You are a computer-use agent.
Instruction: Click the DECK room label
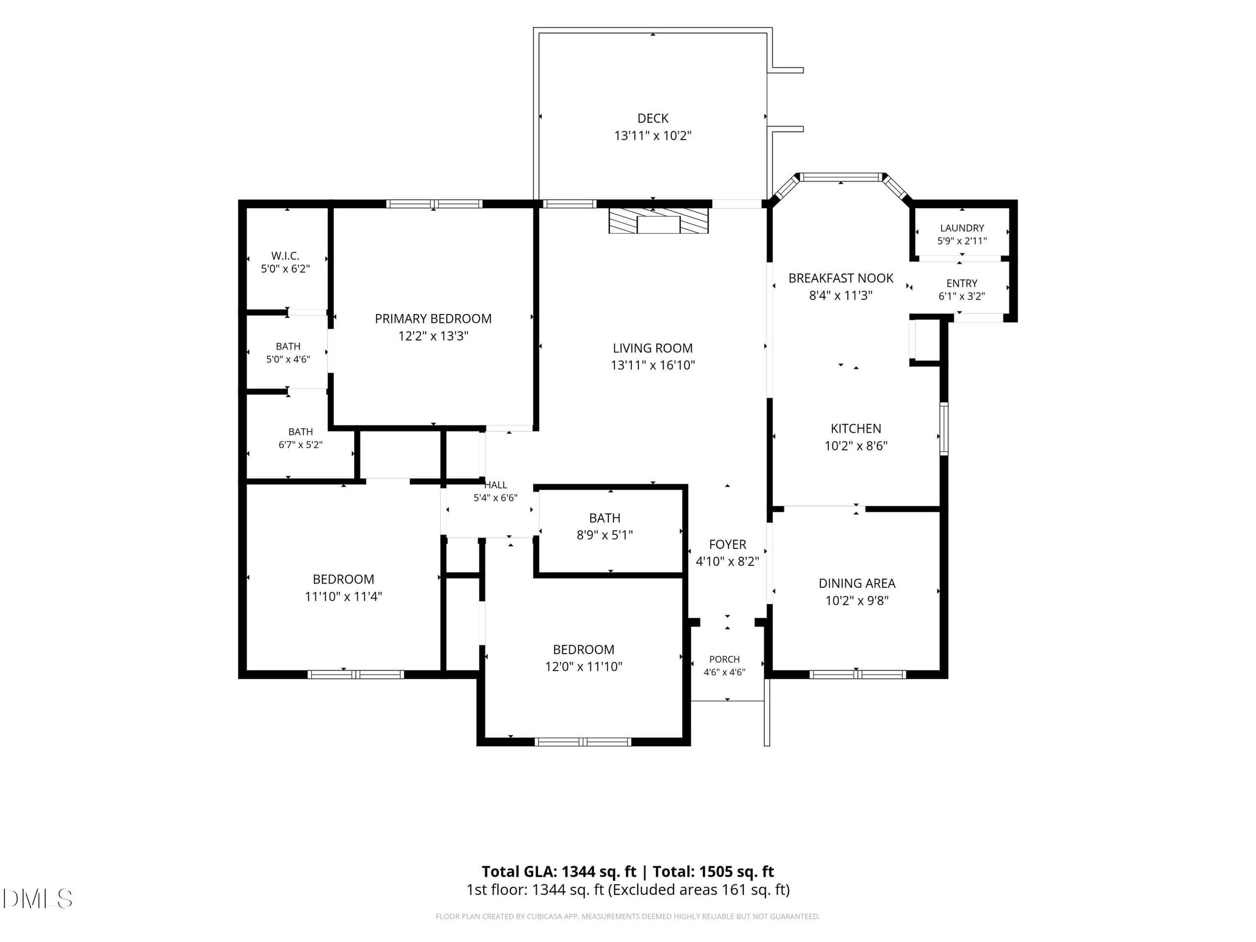click(x=653, y=118)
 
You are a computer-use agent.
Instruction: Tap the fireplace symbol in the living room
click(x=658, y=221)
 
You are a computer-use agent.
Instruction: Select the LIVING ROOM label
click(x=653, y=348)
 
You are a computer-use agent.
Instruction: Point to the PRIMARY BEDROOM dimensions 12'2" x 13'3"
click(x=433, y=336)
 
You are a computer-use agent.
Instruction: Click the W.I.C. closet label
click(x=285, y=256)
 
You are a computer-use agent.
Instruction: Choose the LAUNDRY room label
click(x=962, y=228)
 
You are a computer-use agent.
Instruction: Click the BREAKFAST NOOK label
click(x=841, y=278)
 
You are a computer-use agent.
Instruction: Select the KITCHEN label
click(x=856, y=429)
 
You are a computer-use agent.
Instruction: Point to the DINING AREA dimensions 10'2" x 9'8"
click(x=857, y=600)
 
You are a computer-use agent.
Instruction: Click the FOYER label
click(x=728, y=545)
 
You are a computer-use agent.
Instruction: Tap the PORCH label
click(x=725, y=659)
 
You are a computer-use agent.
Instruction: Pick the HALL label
click(x=496, y=485)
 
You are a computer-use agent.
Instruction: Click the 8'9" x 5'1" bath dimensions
click(x=605, y=535)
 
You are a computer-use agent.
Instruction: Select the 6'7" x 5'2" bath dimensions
click(x=300, y=445)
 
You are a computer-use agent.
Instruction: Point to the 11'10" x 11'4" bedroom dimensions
click(x=343, y=596)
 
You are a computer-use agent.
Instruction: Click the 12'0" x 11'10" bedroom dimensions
click(x=584, y=667)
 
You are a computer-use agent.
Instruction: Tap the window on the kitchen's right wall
click(x=943, y=429)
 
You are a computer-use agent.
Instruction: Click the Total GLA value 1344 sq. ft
click(x=599, y=871)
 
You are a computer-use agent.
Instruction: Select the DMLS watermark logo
click(x=37, y=898)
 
